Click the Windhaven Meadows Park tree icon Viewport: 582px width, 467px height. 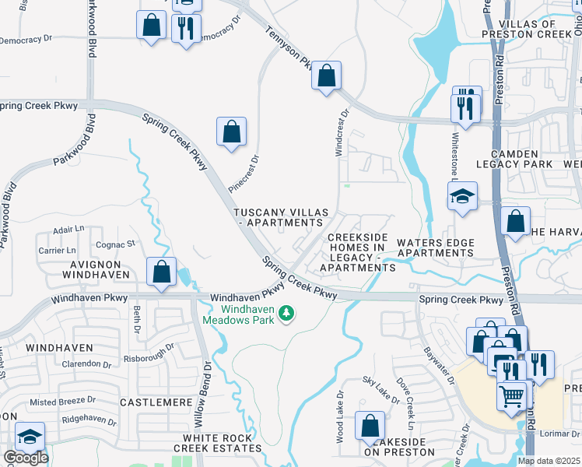tap(287, 313)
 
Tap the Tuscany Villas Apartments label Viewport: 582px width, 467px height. tap(279, 217)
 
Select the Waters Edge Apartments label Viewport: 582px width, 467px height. tap(435, 248)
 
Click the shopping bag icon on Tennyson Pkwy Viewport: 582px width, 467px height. tap(327, 76)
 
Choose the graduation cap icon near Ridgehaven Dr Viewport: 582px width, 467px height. tap(30, 437)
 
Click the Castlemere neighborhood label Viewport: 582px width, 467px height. tap(156, 402)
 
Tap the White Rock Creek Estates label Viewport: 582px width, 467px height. tap(212, 443)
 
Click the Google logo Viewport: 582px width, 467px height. tap(26, 458)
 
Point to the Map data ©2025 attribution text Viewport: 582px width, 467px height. tap(549, 461)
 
